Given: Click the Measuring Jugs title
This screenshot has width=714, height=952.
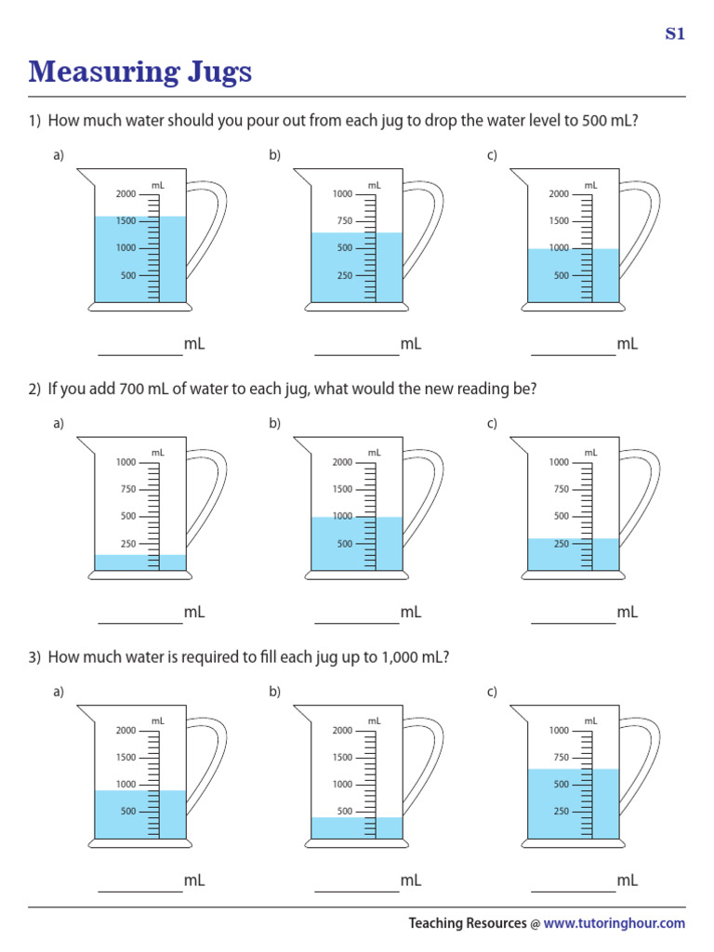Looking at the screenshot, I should pyautogui.click(x=139, y=72).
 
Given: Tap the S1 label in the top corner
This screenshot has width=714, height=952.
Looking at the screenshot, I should pyautogui.click(x=674, y=34).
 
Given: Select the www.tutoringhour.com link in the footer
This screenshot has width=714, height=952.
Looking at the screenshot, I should pyautogui.click(x=614, y=923).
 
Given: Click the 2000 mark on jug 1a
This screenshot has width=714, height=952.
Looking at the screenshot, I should pyautogui.click(x=126, y=194).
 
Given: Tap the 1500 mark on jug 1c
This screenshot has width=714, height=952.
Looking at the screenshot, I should pyautogui.click(x=559, y=221).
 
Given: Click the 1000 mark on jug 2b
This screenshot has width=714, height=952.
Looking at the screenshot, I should pyautogui.click(x=343, y=517).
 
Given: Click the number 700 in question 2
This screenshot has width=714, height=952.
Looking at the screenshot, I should pyautogui.click(x=132, y=390).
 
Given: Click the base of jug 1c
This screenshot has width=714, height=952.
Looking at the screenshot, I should pyautogui.click(x=573, y=307).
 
